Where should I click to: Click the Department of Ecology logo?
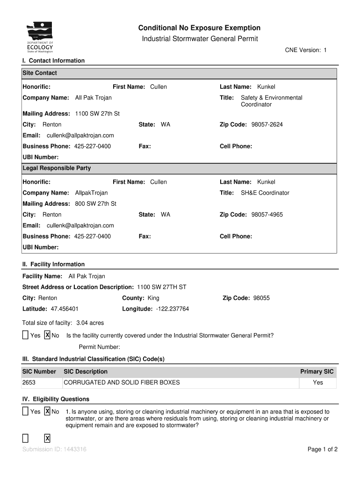pos(40,37)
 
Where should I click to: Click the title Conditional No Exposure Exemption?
pos(200,28)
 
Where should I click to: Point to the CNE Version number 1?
pos(325,50)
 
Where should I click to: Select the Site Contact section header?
pos(40,73)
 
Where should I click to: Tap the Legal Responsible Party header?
pos(57,168)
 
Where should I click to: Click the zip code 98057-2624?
pos(267,124)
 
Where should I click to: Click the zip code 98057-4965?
pos(267,215)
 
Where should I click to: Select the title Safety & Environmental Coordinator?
pos(271,101)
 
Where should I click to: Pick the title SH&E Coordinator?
pos(265,193)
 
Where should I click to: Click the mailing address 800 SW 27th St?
pos(96,204)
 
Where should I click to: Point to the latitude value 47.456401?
pos(65,309)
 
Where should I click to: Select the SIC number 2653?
pos(29,383)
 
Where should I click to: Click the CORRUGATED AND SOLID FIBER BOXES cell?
pos(122,383)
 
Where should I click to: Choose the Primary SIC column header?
pos(317,371)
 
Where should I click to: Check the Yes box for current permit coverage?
pos(25,335)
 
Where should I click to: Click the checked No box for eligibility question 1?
pos(47,412)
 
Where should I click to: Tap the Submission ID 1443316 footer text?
pos(54,450)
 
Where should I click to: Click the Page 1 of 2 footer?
pos(323,450)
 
